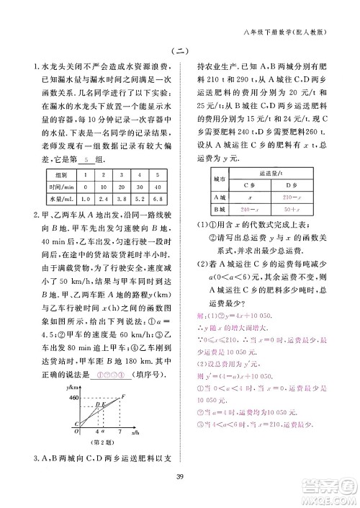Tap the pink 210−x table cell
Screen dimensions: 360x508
click(292, 196)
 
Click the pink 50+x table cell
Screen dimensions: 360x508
click(292, 208)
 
